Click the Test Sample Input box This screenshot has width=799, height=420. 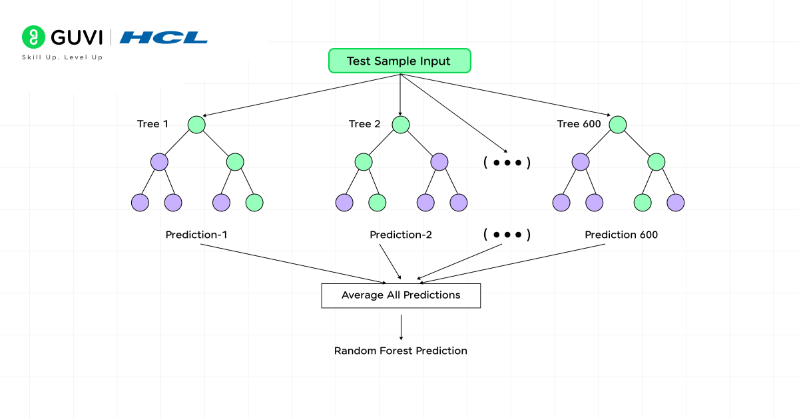point(400,61)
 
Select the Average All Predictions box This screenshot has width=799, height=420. point(401,295)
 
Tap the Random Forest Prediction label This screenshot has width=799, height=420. point(401,351)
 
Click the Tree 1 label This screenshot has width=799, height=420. point(152,124)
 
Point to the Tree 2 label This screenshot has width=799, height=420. point(364,124)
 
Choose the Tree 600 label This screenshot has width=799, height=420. point(579,124)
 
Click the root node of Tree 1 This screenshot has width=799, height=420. point(196,125)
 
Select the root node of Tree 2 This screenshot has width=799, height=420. point(400,125)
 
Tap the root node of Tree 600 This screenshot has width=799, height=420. point(618,125)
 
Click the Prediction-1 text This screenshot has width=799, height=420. point(196,235)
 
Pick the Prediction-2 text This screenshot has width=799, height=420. point(401,235)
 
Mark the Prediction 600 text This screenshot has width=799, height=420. point(621,235)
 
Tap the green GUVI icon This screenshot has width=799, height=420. point(32,37)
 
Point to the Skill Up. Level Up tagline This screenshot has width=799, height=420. point(63,57)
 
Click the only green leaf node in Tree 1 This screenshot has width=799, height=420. point(254,203)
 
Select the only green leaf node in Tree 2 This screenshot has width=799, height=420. point(377,203)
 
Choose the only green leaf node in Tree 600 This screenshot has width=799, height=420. point(643,203)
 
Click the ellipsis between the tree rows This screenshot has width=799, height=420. point(507,163)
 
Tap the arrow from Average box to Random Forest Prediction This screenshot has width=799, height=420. point(401,327)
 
